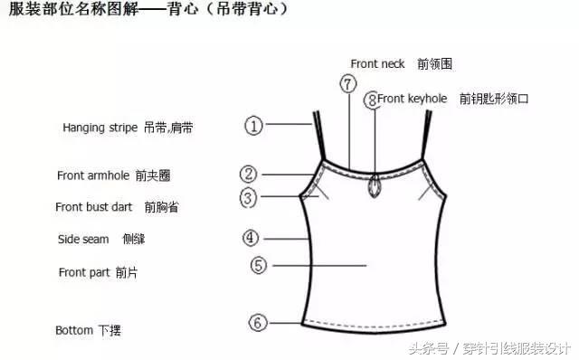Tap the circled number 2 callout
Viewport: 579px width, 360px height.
pyautogui.click(x=249, y=175)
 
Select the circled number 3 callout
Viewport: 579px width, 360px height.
pyautogui.click(x=249, y=197)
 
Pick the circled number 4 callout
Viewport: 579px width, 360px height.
pyautogui.click(x=252, y=239)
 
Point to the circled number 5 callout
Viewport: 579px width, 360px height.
pyautogui.click(x=258, y=266)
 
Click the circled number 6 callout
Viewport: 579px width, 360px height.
pyautogui.click(x=258, y=322)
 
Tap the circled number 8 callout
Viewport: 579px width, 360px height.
pyautogui.click(x=371, y=99)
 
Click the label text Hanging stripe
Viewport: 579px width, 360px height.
pyautogui.click(x=100, y=128)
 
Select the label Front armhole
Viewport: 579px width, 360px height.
pyautogui.click(x=92, y=175)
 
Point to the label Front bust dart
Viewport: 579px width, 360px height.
pyautogui.click(x=94, y=207)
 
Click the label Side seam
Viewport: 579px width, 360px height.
pyautogui.click(x=83, y=240)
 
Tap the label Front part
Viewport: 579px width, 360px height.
pyautogui.click(x=84, y=272)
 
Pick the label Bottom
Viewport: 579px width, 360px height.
pyautogui.click(x=74, y=330)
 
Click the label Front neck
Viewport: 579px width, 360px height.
pyautogui.click(x=378, y=63)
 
